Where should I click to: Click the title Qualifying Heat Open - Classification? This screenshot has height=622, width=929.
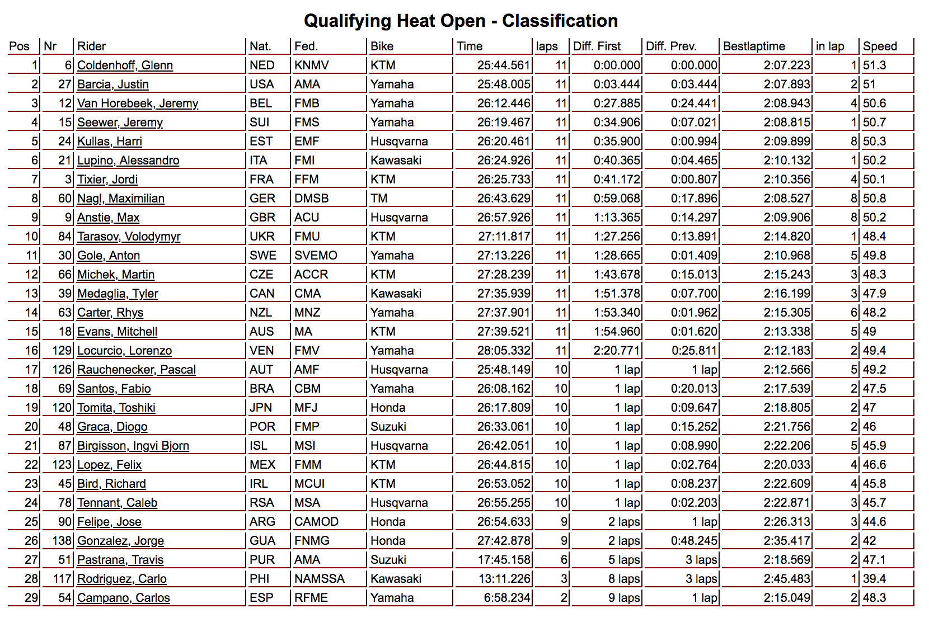pos(461,21)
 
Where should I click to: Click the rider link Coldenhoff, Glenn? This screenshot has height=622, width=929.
pos(125,65)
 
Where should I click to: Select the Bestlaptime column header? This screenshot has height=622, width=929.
pos(754,46)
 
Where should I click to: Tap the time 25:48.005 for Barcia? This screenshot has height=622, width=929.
pos(503,84)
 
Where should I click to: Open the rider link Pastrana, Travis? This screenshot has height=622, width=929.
pos(120,560)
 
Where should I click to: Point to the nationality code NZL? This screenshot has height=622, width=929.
pos(261,313)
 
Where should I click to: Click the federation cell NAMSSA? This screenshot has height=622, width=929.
pos(320,579)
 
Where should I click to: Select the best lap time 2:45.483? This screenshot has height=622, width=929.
pos(786,579)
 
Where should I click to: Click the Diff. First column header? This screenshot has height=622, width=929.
pos(597,46)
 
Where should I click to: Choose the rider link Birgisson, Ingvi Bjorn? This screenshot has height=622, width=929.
pos(133,446)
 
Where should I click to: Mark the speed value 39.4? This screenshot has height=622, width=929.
pos(874,579)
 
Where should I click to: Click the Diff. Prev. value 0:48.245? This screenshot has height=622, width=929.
pos(693,541)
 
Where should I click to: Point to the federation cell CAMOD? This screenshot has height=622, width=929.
pos(316,522)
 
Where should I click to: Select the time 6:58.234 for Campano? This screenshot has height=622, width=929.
pos(506,598)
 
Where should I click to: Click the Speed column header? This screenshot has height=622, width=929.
pos(880,46)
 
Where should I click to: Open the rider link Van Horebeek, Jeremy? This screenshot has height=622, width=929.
pos(138,103)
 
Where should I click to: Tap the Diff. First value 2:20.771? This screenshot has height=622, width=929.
pos(616,351)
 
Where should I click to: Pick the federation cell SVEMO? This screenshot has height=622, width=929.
pos(316,256)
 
